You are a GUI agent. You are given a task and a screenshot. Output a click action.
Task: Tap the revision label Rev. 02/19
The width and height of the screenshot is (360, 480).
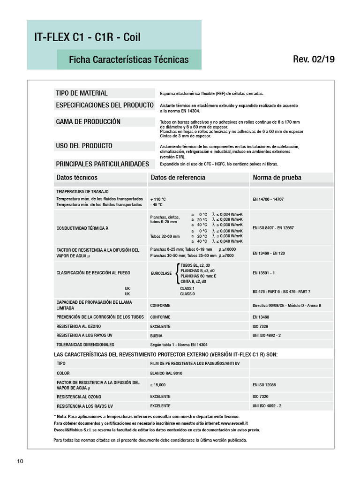tap(314, 60)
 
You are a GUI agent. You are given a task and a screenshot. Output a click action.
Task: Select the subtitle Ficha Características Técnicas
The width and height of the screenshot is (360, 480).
tap(128, 60)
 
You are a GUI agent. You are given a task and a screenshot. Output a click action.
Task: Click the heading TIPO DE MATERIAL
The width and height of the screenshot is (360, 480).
tap(82, 93)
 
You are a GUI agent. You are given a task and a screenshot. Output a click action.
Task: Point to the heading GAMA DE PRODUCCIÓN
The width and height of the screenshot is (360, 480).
tap(89, 122)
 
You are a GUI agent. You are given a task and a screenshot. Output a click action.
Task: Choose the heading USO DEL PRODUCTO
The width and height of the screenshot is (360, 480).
tap(84, 146)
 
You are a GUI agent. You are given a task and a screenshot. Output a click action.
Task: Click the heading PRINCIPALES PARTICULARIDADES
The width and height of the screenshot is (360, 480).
tap(103, 164)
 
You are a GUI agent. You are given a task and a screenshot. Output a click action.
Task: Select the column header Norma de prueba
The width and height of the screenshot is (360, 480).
tap(277, 178)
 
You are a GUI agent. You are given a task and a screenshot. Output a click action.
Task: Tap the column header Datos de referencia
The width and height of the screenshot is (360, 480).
tap(178, 178)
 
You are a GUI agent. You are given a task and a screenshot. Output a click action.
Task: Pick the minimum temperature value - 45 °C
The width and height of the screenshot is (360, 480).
tap(157, 205)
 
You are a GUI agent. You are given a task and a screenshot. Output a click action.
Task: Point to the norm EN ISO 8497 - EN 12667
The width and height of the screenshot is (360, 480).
tap(273, 228)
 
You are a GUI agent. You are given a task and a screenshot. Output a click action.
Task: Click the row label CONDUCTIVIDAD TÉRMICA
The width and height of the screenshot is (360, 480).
tap(82, 228)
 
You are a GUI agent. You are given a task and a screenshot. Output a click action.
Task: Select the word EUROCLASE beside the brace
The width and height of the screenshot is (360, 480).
tap(161, 273)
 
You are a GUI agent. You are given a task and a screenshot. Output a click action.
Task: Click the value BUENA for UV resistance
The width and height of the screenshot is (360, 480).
tap(156, 336)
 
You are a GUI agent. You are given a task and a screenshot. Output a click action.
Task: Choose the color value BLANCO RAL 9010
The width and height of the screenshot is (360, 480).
tap(166, 374)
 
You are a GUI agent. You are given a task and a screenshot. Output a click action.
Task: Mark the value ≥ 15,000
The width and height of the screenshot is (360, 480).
tap(158, 385)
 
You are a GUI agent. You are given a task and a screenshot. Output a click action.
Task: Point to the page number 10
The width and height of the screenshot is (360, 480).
tap(20, 461)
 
